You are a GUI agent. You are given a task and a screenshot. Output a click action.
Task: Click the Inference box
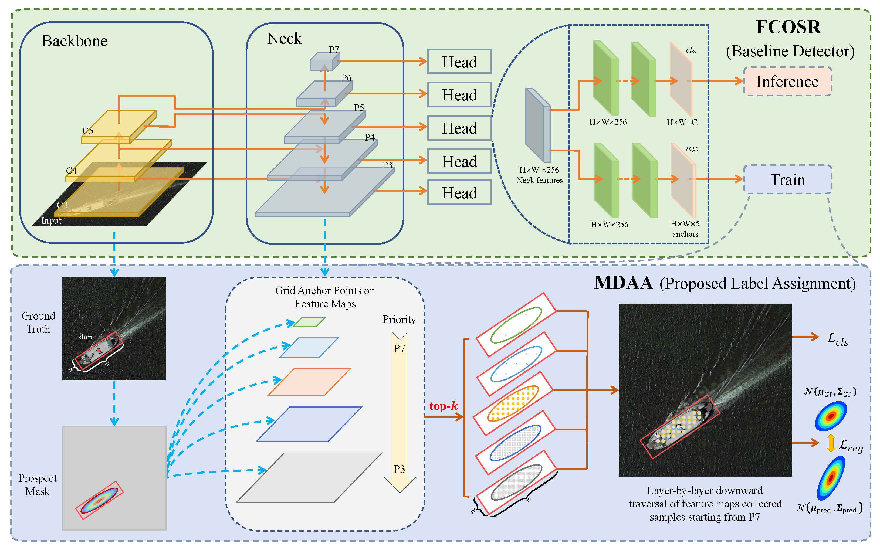coord(787,82)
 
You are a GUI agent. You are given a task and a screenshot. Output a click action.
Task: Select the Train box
coord(787,179)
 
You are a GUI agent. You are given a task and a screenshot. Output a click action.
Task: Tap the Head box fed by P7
coord(459,62)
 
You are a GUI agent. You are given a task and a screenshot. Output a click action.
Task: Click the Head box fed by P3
coord(459,193)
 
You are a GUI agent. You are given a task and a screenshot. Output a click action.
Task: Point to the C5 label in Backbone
coord(88,131)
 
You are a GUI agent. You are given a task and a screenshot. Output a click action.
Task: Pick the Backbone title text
coord(74,41)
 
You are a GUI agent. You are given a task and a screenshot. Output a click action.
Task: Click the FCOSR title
coord(788,27)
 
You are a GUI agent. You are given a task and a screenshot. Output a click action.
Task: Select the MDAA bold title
coord(623,283)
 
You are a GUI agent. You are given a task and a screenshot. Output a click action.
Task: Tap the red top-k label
coord(443,406)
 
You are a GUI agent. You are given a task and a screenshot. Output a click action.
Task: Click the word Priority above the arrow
coord(399,319)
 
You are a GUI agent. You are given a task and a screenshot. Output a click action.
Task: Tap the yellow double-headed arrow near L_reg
coord(831,443)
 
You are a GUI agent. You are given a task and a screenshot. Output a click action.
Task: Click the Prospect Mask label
coord(38,484)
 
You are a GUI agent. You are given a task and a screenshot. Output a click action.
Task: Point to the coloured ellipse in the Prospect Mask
coord(99,501)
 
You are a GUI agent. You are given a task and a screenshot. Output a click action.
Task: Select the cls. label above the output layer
coord(691,50)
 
